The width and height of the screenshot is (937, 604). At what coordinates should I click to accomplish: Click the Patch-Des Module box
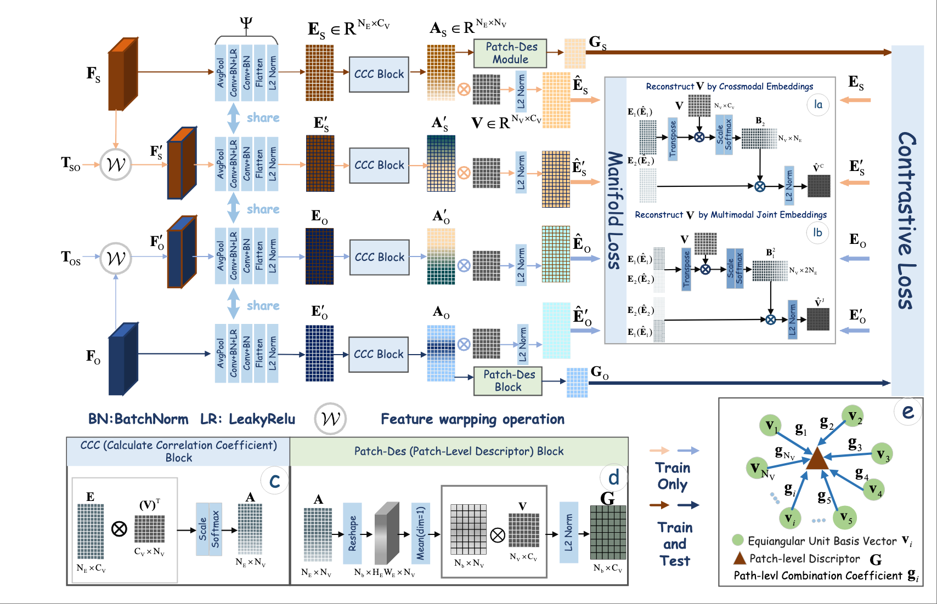pyautogui.click(x=510, y=53)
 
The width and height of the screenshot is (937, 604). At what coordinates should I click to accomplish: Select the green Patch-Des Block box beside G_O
pyautogui.click(x=508, y=381)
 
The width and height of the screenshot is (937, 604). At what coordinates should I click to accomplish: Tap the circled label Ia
pyautogui.click(x=818, y=104)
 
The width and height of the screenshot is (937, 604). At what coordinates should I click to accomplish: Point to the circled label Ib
pyautogui.click(x=817, y=232)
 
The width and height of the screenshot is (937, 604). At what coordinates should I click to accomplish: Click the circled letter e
pyautogui.click(x=908, y=412)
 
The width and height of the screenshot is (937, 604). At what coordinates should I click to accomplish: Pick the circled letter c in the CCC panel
pyautogui.click(x=274, y=481)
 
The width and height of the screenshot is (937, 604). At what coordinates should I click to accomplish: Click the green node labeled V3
pyautogui.click(x=882, y=454)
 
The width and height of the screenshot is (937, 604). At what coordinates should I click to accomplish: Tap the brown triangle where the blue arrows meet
pyautogui.click(x=817, y=459)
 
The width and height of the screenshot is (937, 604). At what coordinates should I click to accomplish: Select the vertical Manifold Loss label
pyautogui.click(x=615, y=210)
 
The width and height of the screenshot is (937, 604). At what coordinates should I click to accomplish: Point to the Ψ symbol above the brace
pyautogui.click(x=246, y=24)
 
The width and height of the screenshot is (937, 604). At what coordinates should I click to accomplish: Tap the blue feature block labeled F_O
pyautogui.click(x=122, y=359)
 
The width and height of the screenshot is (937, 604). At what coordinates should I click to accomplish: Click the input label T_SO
pyautogui.click(x=71, y=164)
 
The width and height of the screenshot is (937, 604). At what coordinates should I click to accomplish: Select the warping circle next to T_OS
pyautogui.click(x=116, y=258)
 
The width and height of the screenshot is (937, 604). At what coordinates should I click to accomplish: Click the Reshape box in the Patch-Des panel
pyautogui.click(x=352, y=533)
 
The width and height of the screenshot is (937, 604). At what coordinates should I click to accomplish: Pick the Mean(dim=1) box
pyautogui.click(x=420, y=533)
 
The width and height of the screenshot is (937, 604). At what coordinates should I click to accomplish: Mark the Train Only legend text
pyautogui.click(x=673, y=476)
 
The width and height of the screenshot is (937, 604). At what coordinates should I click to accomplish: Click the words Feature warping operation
pyautogui.click(x=472, y=419)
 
